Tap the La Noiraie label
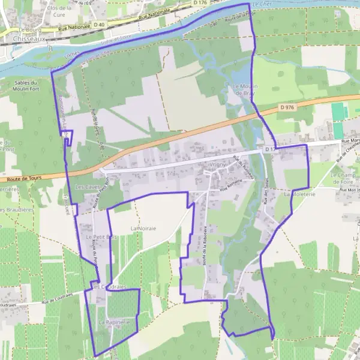[143, 229]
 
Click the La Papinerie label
[114, 322]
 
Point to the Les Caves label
[86, 187]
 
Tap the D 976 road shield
[287, 107]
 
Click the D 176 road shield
[200, 3]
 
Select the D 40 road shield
[98, 25]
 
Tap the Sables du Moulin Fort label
[25, 86]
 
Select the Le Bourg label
[28, 29]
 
